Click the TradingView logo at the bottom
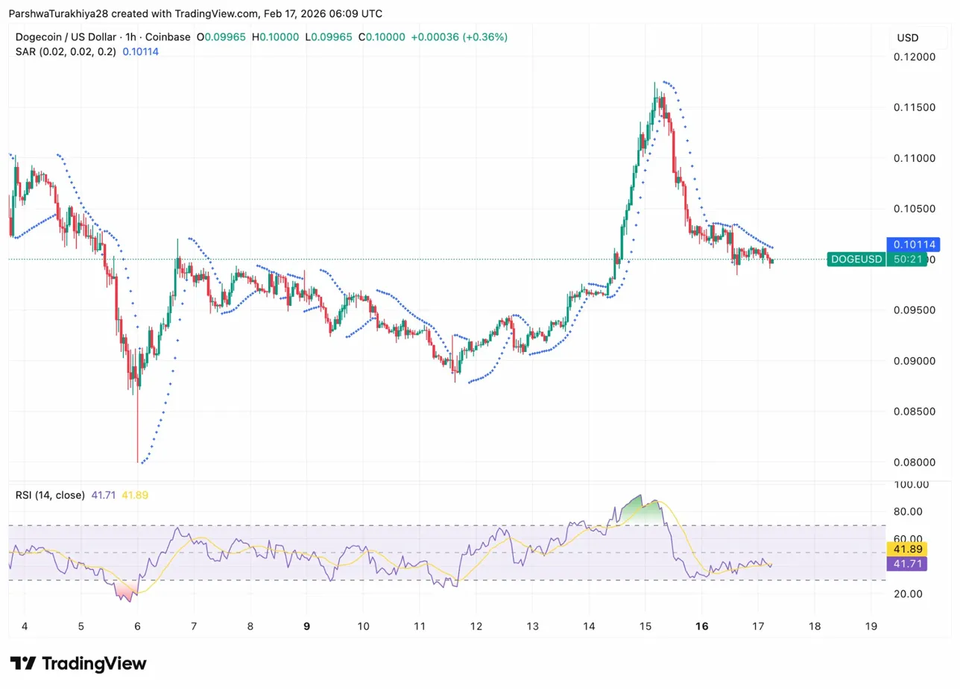click(78, 664)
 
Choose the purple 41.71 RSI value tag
click(906, 564)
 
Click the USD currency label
click(907, 37)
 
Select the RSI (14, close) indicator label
click(49, 494)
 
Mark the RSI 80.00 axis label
click(907, 512)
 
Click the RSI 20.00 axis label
click(907, 594)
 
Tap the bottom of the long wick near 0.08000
click(138, 461)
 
